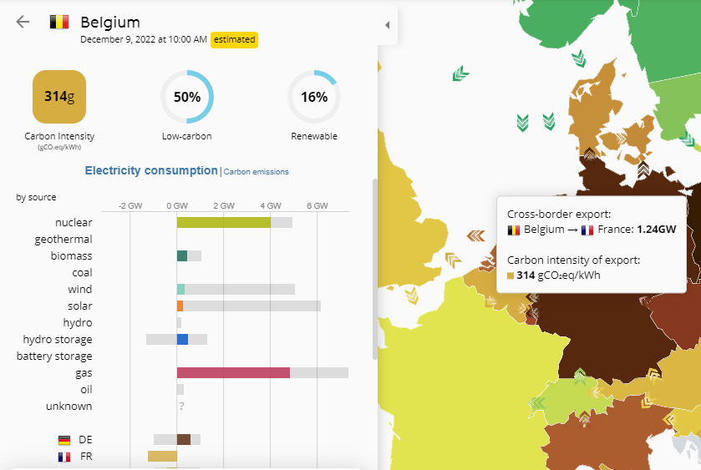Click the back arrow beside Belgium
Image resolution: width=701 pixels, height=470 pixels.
point(23,22)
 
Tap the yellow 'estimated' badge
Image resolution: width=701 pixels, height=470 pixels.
point(234,39)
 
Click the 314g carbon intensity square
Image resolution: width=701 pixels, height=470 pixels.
point(59,97)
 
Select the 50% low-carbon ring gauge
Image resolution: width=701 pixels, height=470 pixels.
point(186,97)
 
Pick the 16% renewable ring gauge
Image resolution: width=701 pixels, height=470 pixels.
point(314,97)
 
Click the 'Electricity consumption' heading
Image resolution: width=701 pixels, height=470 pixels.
point(151,170)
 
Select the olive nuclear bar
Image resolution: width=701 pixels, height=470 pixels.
point(223,222)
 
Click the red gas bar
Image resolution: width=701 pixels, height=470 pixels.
point(233,372)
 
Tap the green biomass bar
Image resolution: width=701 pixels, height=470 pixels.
point(182,255)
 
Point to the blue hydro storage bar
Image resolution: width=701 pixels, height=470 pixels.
point(182,339)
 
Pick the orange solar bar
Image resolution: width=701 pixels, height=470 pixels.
point(180,306)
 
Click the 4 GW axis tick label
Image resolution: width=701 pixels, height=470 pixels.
point(270,205)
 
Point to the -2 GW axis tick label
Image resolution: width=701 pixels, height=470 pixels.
point(130,205)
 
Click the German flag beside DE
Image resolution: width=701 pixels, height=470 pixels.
point(64,440)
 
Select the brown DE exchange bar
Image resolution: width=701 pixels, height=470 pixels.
point(184,439)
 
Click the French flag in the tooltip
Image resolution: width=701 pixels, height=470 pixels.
point(587,230)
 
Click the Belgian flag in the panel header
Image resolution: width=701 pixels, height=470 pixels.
point(59,22)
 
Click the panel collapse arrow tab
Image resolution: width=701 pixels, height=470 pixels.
point(387,25)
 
